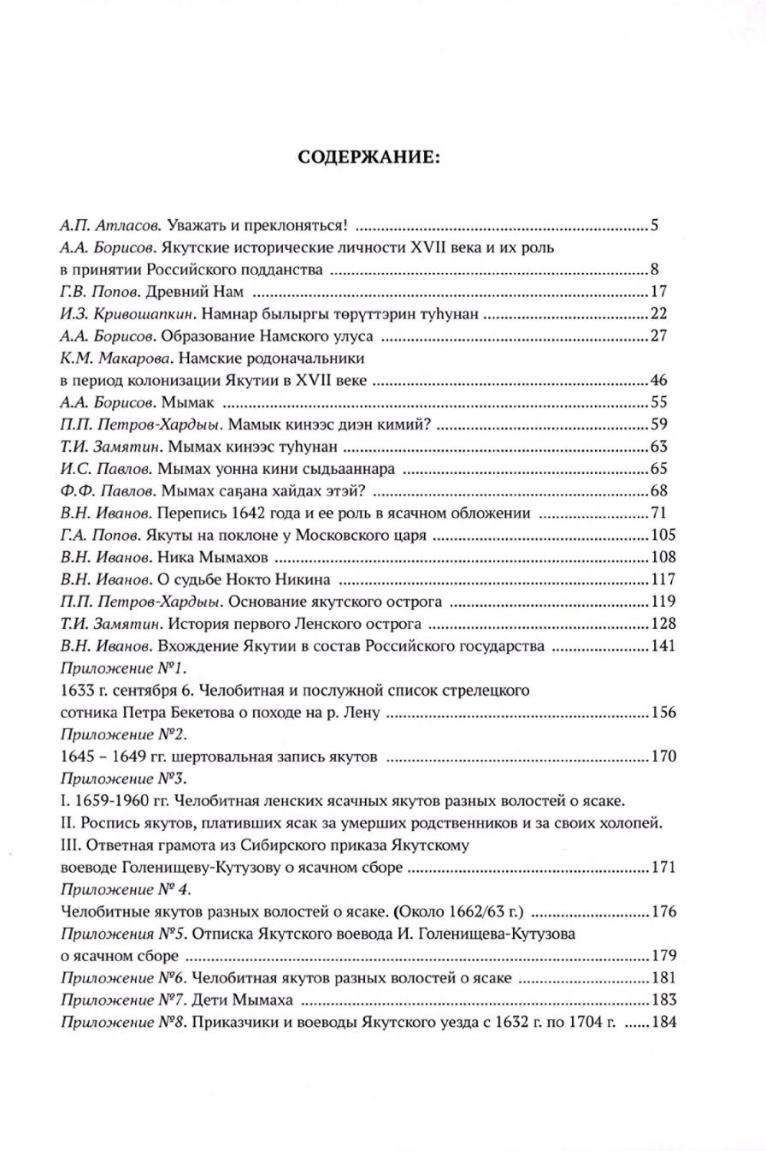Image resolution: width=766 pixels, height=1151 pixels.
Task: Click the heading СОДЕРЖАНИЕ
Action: click(382, 157)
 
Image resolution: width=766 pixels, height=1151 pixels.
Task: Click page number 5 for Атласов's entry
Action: click(654, 227)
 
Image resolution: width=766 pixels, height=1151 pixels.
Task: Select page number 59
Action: click(658, 424)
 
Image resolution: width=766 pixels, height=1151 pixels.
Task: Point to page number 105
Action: click(663, 535)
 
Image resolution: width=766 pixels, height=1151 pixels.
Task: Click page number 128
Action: click(663, 623)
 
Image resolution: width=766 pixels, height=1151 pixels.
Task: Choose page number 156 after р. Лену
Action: click(663, 712)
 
